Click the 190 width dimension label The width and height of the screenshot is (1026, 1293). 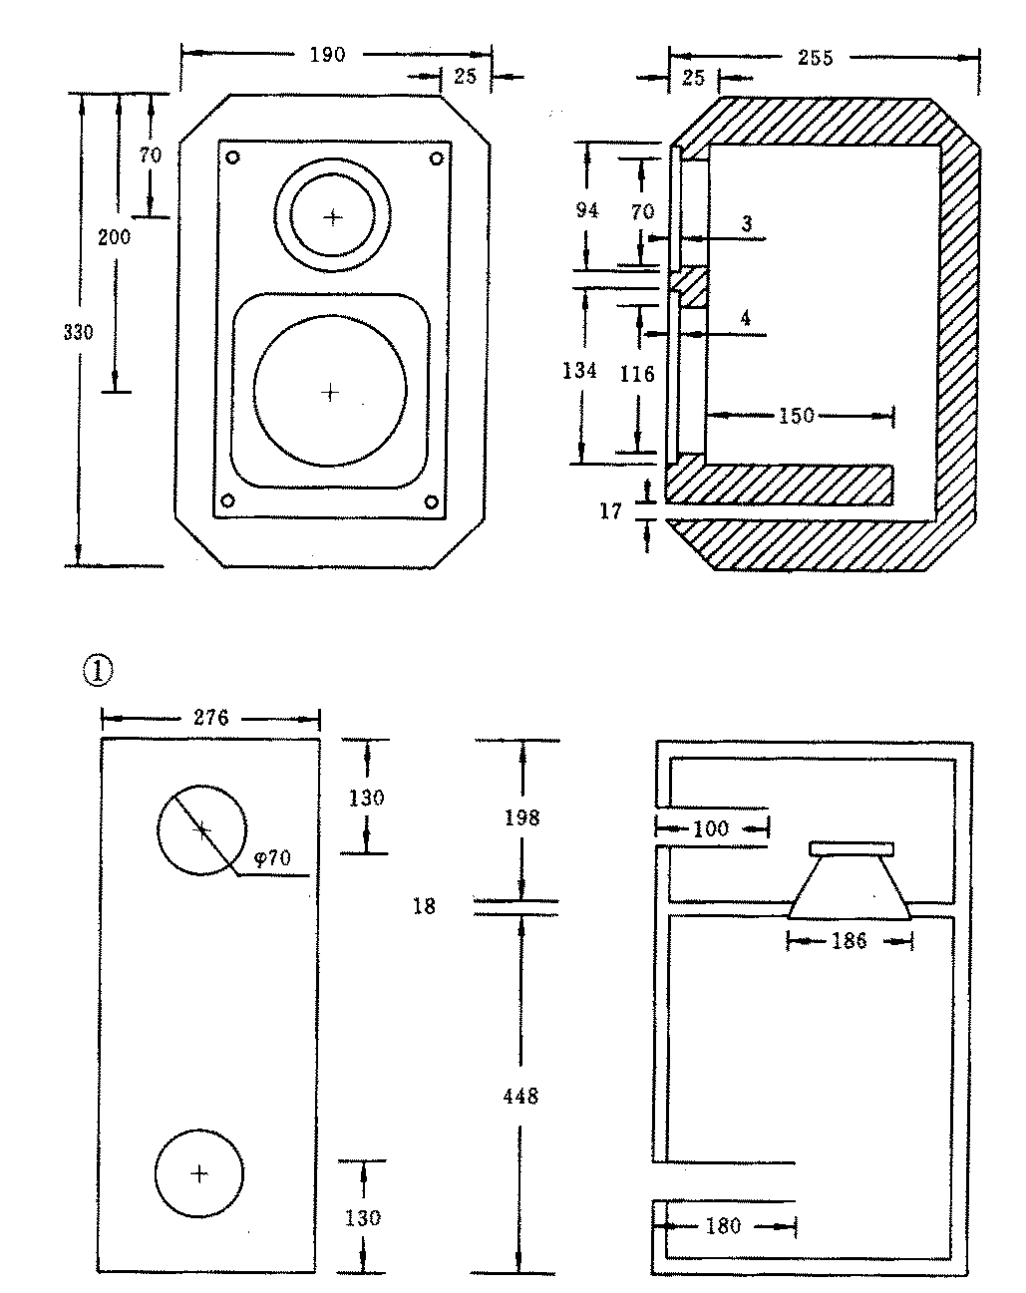pos(327,55)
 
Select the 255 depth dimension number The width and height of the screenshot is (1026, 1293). pos(816,58)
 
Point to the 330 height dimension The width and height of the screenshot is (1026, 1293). pos(78,332)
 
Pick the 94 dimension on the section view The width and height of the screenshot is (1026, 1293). pos(587,210)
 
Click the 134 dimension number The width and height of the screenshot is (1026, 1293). pos(579,371)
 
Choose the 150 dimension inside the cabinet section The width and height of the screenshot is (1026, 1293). pos(797,416)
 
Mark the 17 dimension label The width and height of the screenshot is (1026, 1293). pos(611,511)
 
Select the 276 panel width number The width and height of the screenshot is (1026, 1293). pos(210,718)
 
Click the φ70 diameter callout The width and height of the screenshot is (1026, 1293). pos(271,858)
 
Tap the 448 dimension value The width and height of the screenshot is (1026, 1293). pos(520,1097)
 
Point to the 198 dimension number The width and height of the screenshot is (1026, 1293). pos(521,818)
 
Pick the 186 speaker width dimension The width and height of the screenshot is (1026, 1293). pos(849,940)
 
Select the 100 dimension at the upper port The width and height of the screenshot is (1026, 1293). pos(710,827)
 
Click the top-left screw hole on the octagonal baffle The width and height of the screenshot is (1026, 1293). pos(232,158)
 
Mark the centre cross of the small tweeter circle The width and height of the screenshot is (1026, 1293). pos(332,216)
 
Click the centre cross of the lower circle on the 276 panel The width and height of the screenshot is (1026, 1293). pos(199,1173)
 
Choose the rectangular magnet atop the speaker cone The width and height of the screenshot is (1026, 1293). pos(852,848)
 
